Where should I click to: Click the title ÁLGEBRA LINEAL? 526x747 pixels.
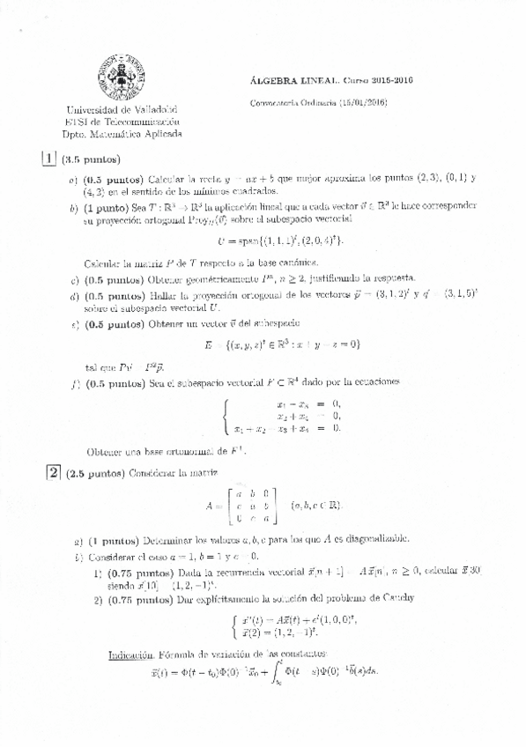click(278, 80)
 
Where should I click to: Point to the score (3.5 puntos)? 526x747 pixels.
click(91, 159)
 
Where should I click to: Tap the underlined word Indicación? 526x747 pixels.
click(132, 655)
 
